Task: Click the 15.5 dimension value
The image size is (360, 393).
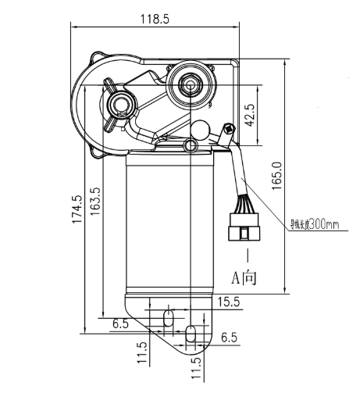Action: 229,302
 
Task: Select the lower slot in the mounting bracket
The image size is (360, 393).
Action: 191,335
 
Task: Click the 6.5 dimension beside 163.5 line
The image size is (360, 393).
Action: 120,323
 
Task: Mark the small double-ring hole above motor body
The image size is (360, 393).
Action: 190,146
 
